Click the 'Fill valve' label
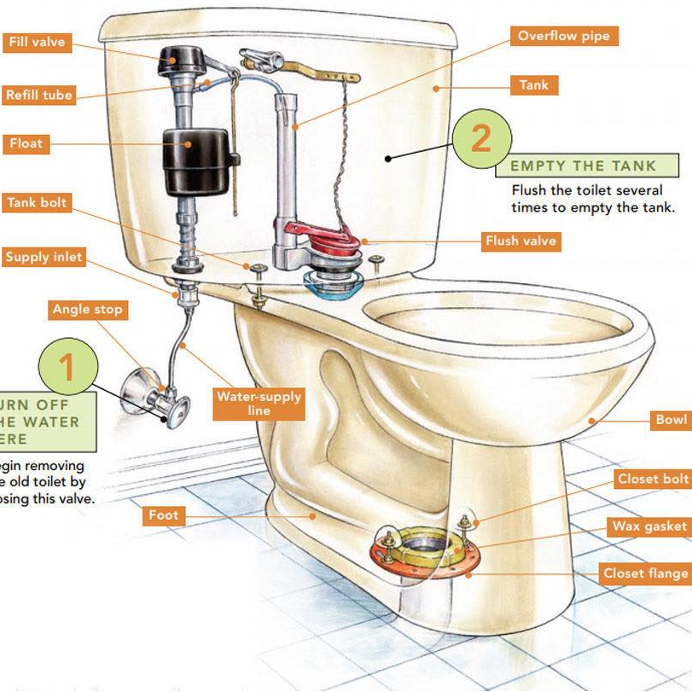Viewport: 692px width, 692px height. click(x=37, y=43)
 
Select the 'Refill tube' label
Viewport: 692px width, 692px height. click(x=38, y=95)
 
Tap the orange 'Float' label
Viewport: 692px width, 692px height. click(x=26, y=142)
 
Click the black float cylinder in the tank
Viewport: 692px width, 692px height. click(x=195, y=160)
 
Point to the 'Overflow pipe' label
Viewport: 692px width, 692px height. click(x=564, y=37)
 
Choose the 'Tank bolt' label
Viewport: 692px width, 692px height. click(x=37, y=203)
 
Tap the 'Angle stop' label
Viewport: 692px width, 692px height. click(x=87, y=309)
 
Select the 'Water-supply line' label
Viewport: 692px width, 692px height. click(x=259, y=404)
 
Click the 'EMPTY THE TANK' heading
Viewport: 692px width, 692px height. click(x=583, y=166)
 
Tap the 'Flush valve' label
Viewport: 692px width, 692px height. click(x=520, y=241)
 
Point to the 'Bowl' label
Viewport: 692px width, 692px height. click(x=671, y=420)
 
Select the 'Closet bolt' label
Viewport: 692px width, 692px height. click(x=652, y=479)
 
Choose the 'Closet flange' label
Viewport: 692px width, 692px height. click(x=645, y=573)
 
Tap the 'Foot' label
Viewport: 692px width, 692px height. click(x=164, y=515)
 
